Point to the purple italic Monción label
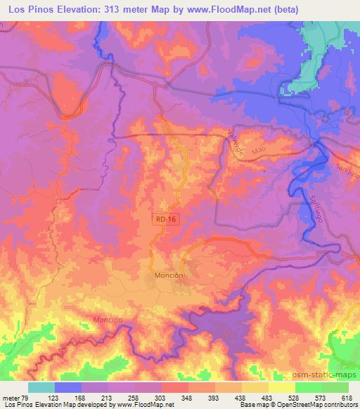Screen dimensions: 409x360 [x=107, y=319]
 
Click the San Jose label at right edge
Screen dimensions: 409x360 [x=347, y=170]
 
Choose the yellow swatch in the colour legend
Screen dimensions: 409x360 [x=281, y=387]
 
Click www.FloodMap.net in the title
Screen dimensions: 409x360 [x=224, y=10]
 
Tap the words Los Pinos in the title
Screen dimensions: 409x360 [x=27, y=10]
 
